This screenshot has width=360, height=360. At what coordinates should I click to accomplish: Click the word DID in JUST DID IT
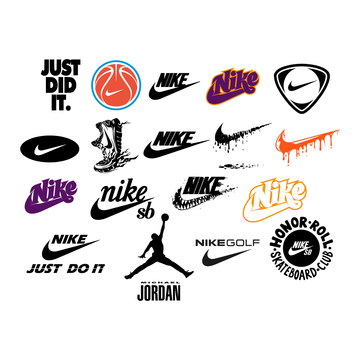pos(61,86)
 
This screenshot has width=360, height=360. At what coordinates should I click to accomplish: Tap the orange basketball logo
pos(116,85)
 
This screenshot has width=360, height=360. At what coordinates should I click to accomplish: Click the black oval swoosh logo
pos(50,149)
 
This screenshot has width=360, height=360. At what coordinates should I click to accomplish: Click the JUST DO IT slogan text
pos(66,269)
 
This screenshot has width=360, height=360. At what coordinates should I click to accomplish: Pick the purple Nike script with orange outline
pos(233,87)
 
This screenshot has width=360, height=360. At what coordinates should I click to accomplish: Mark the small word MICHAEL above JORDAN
pos(159,283)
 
